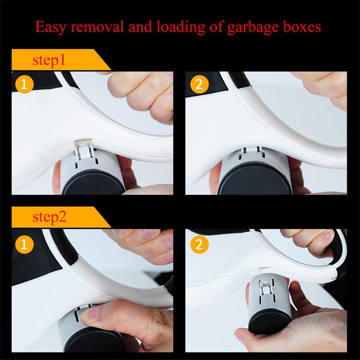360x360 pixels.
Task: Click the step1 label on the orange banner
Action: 49,61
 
